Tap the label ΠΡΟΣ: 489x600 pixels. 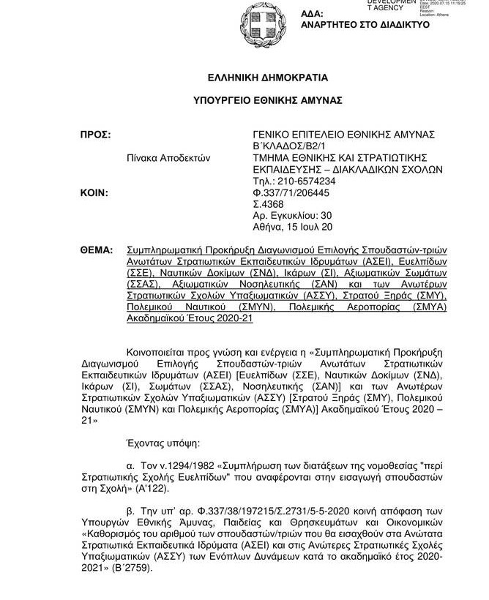coord(95,135)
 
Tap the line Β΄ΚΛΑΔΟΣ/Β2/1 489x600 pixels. coord(288,146)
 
